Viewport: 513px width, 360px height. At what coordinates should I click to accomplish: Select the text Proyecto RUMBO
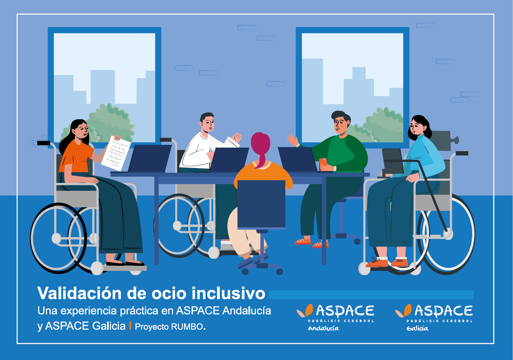coord(170,327)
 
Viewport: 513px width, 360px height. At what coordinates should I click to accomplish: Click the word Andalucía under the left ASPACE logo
coord(323,328)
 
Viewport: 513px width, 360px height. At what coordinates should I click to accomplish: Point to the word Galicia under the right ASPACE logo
coord(417,328)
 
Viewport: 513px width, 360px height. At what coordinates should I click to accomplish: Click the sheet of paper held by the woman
coord(116,153)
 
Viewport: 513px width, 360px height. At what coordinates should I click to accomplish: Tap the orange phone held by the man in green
coord(323,163)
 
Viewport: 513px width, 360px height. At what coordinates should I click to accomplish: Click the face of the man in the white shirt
coord(208,124)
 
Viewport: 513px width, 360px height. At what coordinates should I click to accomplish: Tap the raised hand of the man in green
coord(293,140)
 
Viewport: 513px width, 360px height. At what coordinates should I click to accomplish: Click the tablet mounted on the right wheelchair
coord(393,161)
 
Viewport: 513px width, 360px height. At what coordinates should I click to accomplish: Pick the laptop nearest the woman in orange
coord(150,158)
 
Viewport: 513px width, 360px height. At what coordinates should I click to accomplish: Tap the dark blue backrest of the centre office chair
coord(261,204)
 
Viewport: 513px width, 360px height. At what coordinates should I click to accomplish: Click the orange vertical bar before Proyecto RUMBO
coord(130,326)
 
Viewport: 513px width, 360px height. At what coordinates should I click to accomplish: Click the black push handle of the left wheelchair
coord(44,143)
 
